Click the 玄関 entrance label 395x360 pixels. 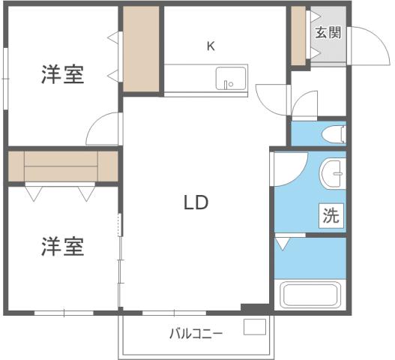[x=328, y=32]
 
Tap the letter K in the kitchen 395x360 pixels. [x=211, y=46]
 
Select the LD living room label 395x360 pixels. [x=195, y=202]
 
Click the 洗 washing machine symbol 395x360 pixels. [x=331, y=216]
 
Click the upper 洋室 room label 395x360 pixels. [x=62, y=75]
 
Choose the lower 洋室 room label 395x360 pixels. [x=62, y=246]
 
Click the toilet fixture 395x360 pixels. [x=333, y=134]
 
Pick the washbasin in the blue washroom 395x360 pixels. [x=331, y=176]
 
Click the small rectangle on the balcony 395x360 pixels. [x=255, y=328]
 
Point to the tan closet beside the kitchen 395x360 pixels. [x=142, y=49]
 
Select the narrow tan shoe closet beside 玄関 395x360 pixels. [x=298, y=36]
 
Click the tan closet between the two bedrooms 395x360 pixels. [x=62, y=166]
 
